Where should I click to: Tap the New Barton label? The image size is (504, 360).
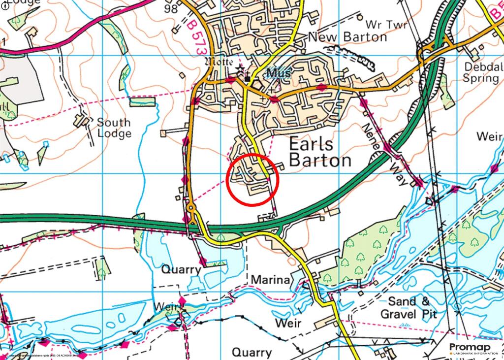coord(347,37)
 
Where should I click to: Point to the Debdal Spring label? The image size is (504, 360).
coord(481,72)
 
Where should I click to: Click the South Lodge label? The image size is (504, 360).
coord(114,128)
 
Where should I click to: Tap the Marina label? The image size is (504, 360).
coord(270,280)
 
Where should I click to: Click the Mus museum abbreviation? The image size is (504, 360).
coord(279,73)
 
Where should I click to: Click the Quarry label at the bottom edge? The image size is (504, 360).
coord(252,353)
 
